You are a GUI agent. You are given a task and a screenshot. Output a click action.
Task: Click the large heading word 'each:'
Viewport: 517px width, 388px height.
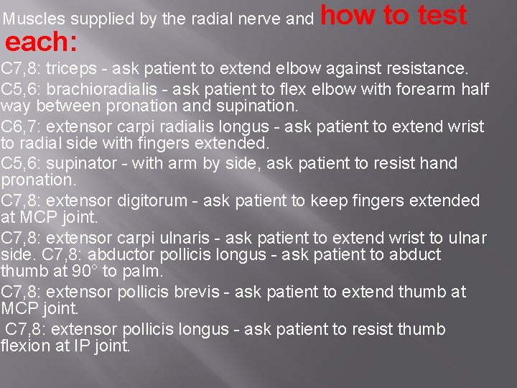(x=41, y=43)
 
